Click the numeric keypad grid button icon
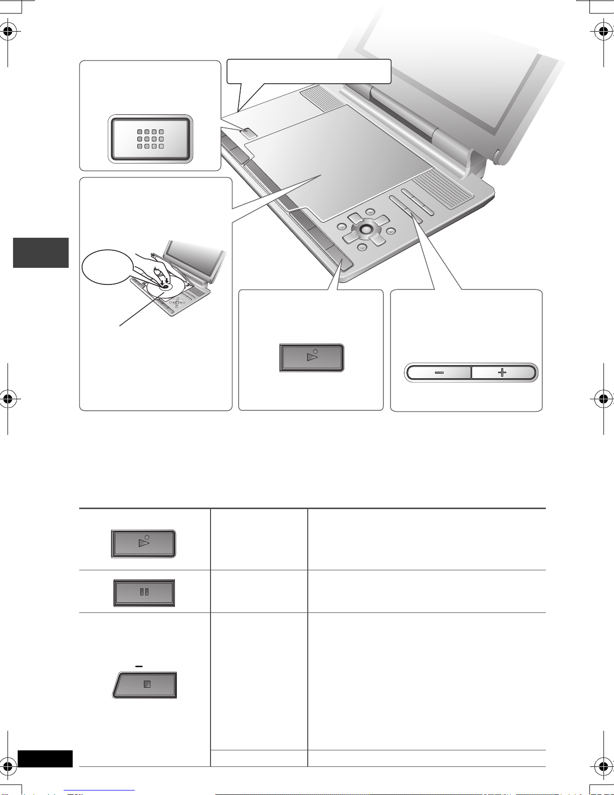[x=150, y=139]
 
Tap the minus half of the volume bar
[x=439, y=373]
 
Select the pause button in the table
[x=144, y=592]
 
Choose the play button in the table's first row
[x=144, y=543]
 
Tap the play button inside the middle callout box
[x=312, y=358]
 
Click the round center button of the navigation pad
[x=365, y=229]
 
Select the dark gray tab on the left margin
[x=41, y=253]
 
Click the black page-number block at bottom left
[x=45, y=758]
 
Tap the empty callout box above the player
[x=309, y=71]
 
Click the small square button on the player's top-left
[x=248, y=132]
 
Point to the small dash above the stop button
[x=139, y=666]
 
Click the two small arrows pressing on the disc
[x=165, y=281]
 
